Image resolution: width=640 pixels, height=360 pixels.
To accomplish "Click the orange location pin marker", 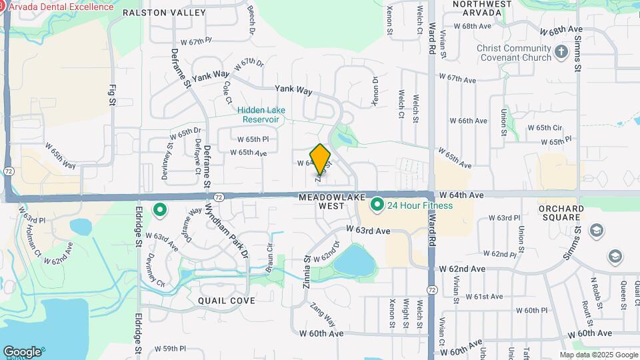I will [321, 159].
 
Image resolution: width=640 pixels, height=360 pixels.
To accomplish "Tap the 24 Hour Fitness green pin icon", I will [376, 204].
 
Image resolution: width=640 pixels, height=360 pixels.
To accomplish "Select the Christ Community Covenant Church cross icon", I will [561, 52].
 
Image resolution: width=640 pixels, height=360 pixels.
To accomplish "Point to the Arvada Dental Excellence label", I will [61, 7].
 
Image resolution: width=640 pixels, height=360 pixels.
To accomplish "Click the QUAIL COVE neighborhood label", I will [227, 301].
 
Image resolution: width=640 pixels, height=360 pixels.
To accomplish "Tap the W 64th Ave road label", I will [461, 195].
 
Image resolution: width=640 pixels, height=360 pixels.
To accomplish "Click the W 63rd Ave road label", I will [367, 230].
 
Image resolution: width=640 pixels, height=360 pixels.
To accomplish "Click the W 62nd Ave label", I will [461, 268].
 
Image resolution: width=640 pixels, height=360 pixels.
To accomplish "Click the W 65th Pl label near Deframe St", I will [253, 139].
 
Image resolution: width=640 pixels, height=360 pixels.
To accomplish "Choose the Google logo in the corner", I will [22, 351].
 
